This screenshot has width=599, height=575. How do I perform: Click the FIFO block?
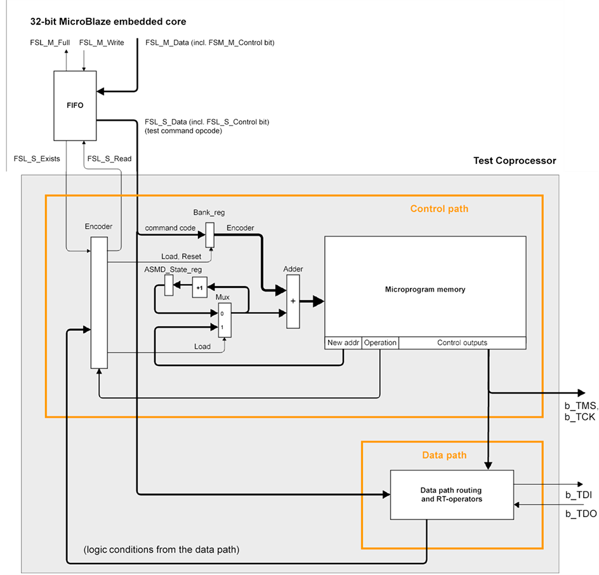[75, 105]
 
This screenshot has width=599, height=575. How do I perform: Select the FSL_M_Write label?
[102, 42]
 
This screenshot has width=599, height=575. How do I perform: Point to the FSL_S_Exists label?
[37, 158]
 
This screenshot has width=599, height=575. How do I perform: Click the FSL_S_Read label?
[109, 158]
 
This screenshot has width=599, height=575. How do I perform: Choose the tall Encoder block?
[98, 302]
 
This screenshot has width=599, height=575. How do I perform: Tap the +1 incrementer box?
[199, 287]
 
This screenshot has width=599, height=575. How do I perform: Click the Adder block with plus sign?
[293, 301]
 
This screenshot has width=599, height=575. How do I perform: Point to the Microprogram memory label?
[425, 289]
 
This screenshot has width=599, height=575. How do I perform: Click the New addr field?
[343, 343]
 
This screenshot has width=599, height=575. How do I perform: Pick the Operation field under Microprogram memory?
[381, 343]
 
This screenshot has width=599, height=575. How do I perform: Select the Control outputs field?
[462, 343]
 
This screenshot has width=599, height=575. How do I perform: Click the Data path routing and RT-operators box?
[451, 495]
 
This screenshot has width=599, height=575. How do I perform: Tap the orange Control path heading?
[439, 208]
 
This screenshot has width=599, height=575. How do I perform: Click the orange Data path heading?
[444, 455]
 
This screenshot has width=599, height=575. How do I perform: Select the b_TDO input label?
[580, 513]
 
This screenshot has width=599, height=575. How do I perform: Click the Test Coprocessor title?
[515, 161]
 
